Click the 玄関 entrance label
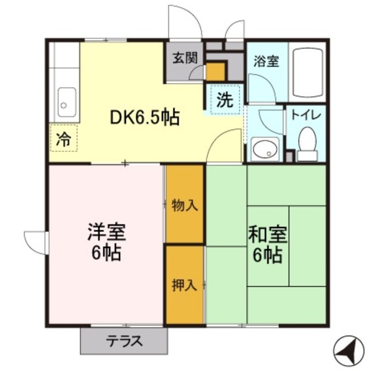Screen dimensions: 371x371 185,57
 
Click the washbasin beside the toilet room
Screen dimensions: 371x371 264,149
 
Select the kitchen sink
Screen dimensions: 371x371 65,103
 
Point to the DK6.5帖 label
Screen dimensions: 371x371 145,118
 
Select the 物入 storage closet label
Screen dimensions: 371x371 185,205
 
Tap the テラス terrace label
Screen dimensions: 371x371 123,341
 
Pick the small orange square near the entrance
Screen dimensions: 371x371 215,72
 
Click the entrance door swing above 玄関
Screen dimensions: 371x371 184,23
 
